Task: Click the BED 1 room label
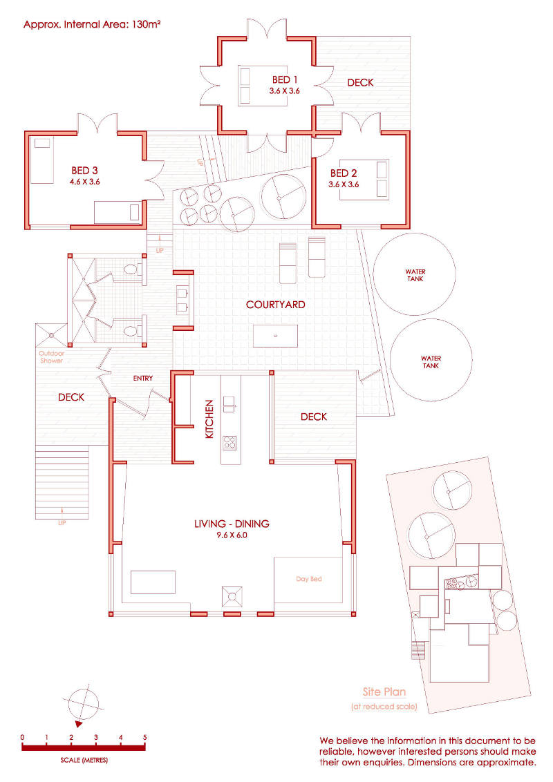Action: (x=285, y=79)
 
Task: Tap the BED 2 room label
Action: (x=344, y=173)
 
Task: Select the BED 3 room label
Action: (x=84, y=171)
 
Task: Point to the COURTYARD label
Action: (x=276, y=304)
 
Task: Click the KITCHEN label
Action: (x=209, y=419)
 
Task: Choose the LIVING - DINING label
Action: (x=232, y=524)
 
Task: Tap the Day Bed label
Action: (x=309, y=578)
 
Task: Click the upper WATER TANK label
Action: (x=415, y=276)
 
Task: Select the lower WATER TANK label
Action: (x=431, y=361)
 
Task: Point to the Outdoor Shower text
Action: (x=51, y=356)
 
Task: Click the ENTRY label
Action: (x=142, y=378)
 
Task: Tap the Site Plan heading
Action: (x=384, y=692)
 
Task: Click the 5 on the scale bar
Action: (x=144, y=737)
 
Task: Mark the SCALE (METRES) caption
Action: (x=84, y=760)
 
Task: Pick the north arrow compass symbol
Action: (x=82, y=705)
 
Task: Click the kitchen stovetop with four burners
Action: (x=229, y=442)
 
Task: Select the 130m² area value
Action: (x=146, y=24)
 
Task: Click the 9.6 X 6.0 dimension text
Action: (x=232, y=535)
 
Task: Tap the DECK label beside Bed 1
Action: (x=360, y=82)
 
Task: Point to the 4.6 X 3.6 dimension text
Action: (x=85, y=182)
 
